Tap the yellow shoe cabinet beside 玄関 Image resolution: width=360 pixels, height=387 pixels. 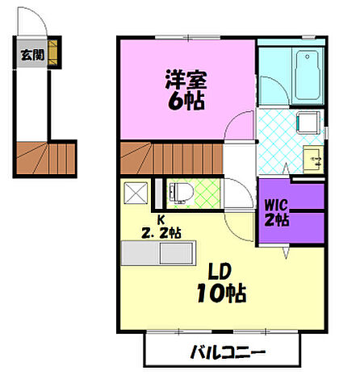[53, 54]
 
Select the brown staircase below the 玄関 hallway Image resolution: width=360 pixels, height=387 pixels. [45, 157]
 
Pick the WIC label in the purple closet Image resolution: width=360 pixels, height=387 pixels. [275, 205]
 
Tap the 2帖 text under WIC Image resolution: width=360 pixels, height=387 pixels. [275, 219]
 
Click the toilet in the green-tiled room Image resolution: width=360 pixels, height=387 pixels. [181, 194]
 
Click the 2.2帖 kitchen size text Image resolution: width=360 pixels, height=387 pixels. [160, 233]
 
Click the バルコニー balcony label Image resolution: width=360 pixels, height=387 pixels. [228, 352]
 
